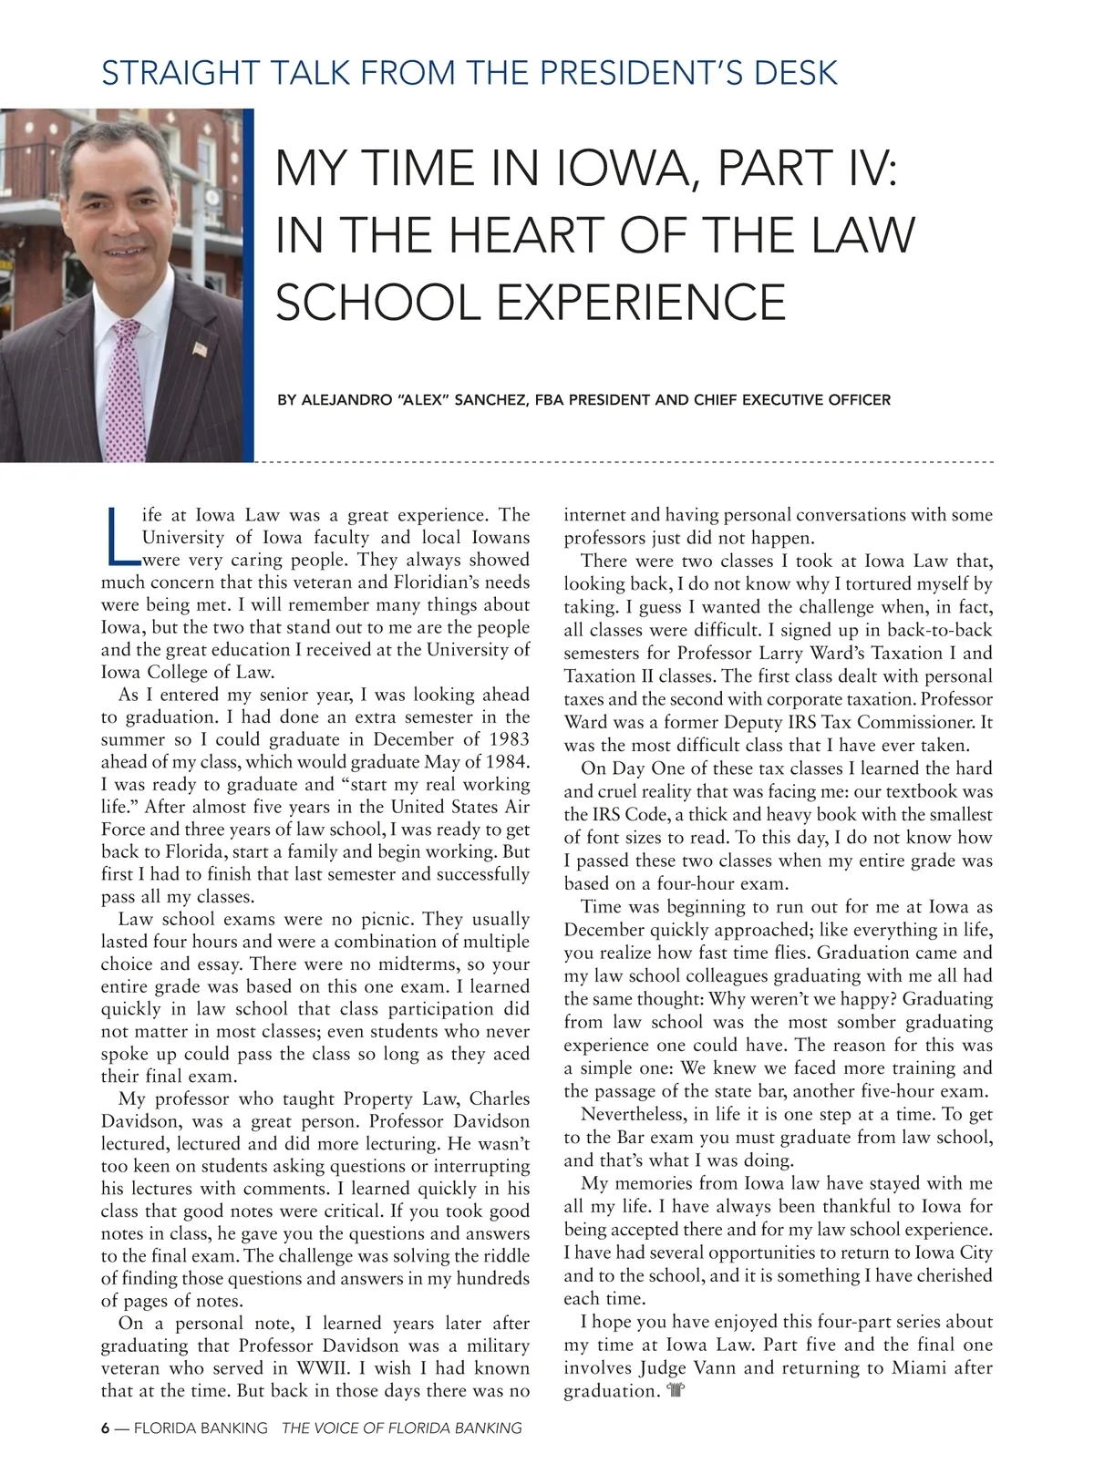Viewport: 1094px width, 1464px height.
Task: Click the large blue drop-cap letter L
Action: [119, 535]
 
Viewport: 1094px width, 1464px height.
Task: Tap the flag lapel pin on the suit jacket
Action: [201, 348]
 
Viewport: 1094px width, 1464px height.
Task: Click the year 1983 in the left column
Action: [509, 739]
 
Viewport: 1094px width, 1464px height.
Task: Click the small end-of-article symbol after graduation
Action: [676, 1391]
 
